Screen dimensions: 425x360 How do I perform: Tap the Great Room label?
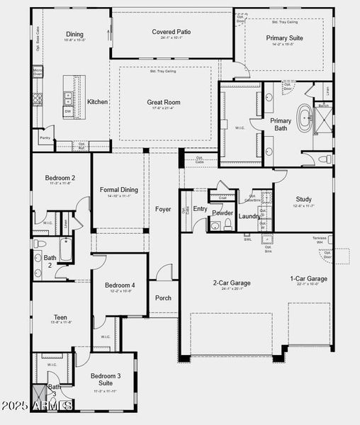[x=163, y=102]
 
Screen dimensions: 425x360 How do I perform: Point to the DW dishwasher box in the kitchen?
[x=67, y=111]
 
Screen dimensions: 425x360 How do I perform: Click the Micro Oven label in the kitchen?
[x=38, y=72]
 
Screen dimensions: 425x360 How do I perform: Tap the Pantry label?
[x=45, y=138]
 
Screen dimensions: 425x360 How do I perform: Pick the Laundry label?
[x=249, y=216]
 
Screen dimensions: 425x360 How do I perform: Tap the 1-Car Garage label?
[x=308, y=278]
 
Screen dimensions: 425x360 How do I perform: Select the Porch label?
[x=163, y=297]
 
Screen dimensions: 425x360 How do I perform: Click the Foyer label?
[x=163, y=209]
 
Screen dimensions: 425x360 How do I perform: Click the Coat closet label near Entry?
[x=222, y=198]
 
